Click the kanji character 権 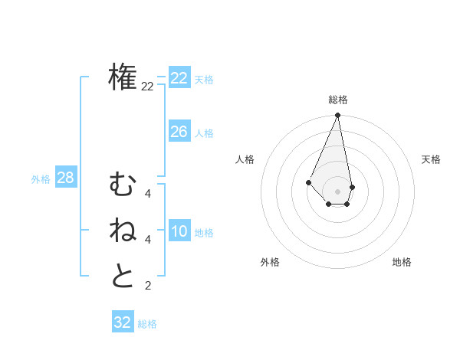pyautogui.click(x=123, y=77)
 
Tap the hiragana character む pyautogui.click(x=123, y=185)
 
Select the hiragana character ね pyautogui.click(x=123, y=231)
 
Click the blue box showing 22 pyautogui.click(x=179, y=78)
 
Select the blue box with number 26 pyautogui.click(x=179, y=132)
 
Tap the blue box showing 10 pyautogui.click(x=179, y=231)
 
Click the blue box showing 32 pyautogui.click(x=123, y=322)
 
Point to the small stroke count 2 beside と pyautogui.click(x=147, y=286)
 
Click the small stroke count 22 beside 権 pyautogui.click(x=147, y=87)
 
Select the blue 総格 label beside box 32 pyautogui.click(x=147, y=324)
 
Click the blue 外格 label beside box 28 pyautogui.click(x=41, y=179)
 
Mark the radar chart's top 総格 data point pyautogui.click(x=337, y=116)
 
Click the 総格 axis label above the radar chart pyautogui.click(x=337, y=100)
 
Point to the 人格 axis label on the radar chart pyautogui.click(x=245, y=159)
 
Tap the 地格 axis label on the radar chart pyautogui.click(x=402, y=262)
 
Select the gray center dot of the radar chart pyautogui.click(x=337, y=191)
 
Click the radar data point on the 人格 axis pyautogui.click(x=308, y=182)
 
